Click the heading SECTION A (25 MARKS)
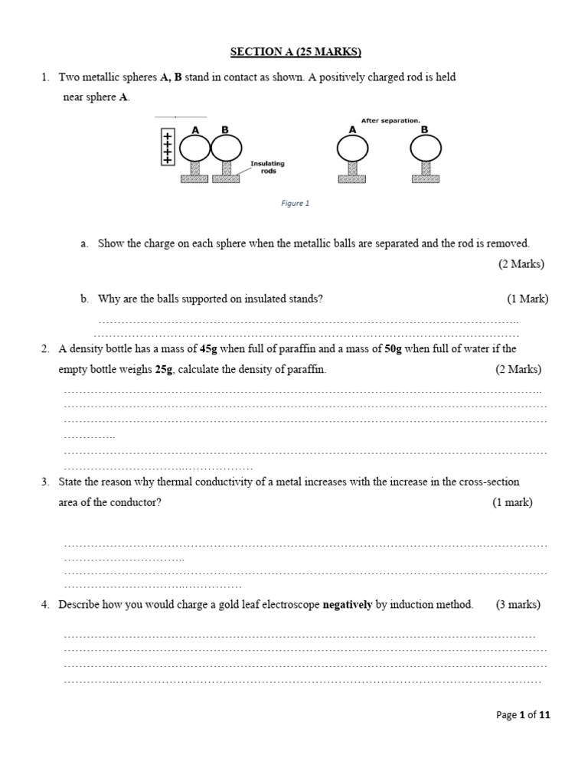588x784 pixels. pos(296,52)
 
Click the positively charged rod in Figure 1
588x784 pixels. pos(164,146)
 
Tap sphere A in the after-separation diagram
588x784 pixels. pos(353,148)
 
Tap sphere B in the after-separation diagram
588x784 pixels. pos(425,148)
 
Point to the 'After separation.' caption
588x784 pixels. pos(390,120)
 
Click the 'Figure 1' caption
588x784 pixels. pos(295,204)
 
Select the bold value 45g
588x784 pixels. pos(209,349)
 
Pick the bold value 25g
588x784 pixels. pos(164,369)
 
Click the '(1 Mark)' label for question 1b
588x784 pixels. pos(527,299)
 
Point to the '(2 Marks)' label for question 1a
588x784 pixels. pos(521,263)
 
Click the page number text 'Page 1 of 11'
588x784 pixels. pos(523,715)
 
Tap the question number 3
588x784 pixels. pos(46,482)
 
